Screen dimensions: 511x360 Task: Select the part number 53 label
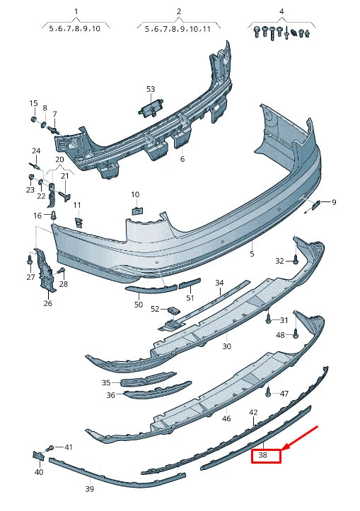tap(150, 89)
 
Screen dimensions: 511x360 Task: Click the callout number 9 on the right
tap(334, 203)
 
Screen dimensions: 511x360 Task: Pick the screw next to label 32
tap(295, 261)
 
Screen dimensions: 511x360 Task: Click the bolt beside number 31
tap(269, 319)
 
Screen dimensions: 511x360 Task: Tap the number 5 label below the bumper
tap(250, 252)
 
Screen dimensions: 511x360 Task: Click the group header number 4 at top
tap(281, 12)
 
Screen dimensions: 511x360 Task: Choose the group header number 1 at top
tap(76, 12)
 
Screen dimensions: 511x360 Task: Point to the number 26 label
tap(47, 304)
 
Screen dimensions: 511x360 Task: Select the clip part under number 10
tap(136, 208)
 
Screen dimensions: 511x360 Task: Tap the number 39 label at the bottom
tap(90, 488)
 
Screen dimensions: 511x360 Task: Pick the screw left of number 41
tap(50, 448)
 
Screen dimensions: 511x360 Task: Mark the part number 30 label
tap(226, 346)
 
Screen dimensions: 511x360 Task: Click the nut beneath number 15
tap(33, 119)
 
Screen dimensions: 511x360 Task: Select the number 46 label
tap(226, 419)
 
